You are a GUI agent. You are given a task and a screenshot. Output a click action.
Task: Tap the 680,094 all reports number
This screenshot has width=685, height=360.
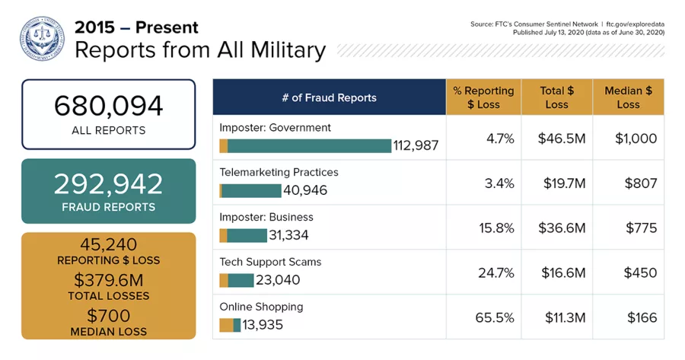click(108, 106)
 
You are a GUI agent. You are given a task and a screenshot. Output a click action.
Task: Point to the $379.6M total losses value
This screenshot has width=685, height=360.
click(108, 280)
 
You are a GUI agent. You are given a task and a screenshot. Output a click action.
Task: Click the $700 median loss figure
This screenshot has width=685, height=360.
click(108, 315)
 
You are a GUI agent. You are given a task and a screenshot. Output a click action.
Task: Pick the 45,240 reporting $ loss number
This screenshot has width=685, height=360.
click(108, 244)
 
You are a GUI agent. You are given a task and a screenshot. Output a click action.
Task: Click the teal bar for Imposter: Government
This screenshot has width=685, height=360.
click(309, 146)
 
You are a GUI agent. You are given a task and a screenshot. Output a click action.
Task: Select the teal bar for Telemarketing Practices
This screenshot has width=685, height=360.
click(251, 190)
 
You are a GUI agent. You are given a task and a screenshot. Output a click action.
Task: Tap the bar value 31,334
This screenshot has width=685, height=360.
click(289, 235)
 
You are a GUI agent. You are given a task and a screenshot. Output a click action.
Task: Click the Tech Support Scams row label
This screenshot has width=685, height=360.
click(270, 262)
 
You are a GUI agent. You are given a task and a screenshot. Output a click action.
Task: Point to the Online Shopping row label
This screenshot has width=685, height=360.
click(261, 307)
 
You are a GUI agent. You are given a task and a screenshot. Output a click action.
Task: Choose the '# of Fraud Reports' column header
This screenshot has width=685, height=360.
click(329, 97)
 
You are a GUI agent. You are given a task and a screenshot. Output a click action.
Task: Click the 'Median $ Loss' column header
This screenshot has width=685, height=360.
click(628, 97)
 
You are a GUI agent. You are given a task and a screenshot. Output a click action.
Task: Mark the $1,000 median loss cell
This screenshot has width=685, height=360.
click(635, 139)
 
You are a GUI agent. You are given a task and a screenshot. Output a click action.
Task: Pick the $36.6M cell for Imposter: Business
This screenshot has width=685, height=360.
click(561, 228)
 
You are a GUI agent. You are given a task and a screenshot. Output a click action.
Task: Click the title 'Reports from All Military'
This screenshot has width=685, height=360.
click(199, 50)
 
